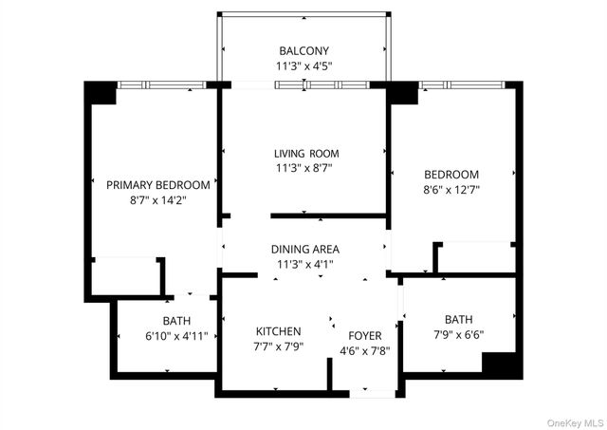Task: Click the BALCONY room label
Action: [304, 50]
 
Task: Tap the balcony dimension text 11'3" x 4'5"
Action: [304, 67]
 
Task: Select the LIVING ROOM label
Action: [305, 153]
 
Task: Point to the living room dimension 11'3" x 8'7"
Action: [305, 169]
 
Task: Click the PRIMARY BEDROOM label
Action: [157, 184]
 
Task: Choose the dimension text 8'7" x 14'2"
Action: [157, 201]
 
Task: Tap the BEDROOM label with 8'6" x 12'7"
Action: [451, 174]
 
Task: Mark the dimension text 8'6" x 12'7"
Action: [451, 190]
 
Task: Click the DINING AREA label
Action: [304, 249]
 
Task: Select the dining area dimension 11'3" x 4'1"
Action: [304, 265]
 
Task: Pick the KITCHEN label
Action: [278, 331]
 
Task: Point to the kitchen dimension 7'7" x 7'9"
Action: [278, 347]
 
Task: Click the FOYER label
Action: [364, 334]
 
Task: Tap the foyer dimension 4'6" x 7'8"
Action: [364, 350]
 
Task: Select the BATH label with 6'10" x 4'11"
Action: [175, 321]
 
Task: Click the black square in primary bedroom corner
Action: [100, 93]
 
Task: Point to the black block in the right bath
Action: [502, 365]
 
